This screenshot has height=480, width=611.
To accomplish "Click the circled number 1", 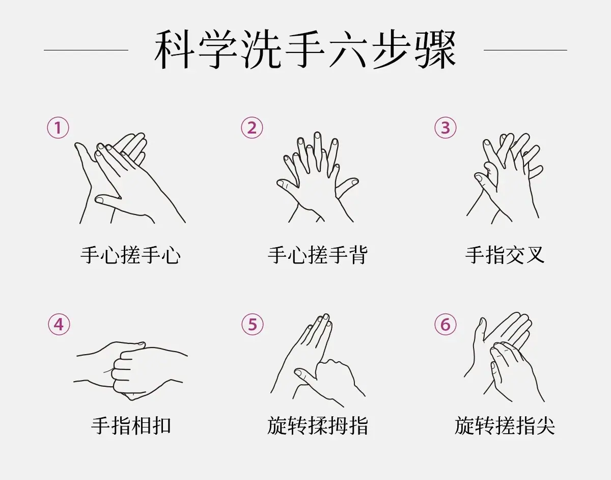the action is point(58,128).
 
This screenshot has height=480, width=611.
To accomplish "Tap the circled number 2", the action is point(252,128).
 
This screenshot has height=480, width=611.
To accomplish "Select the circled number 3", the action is point(446,128).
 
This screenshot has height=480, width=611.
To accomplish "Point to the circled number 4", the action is point(59,325).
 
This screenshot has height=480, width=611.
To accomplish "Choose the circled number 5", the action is point(253,325).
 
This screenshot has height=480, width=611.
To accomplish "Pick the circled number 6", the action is point(446,325).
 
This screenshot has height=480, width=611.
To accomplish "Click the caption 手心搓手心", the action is point(130,255).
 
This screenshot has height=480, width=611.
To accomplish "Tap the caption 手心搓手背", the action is point(318,255).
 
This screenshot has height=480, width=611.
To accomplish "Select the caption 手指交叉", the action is point(505,255).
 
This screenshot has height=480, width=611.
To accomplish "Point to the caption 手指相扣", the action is point(131,425).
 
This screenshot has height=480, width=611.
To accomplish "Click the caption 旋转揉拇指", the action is point(318,425).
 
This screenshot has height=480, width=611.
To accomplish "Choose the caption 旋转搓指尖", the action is point(505,425).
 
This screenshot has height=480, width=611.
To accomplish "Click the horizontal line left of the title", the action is point(86,50).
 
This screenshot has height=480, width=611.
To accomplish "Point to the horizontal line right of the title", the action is point(525,50).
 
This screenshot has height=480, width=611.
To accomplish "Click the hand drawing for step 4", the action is point(131,371).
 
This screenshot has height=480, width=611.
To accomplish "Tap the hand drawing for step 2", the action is point(318,177).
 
